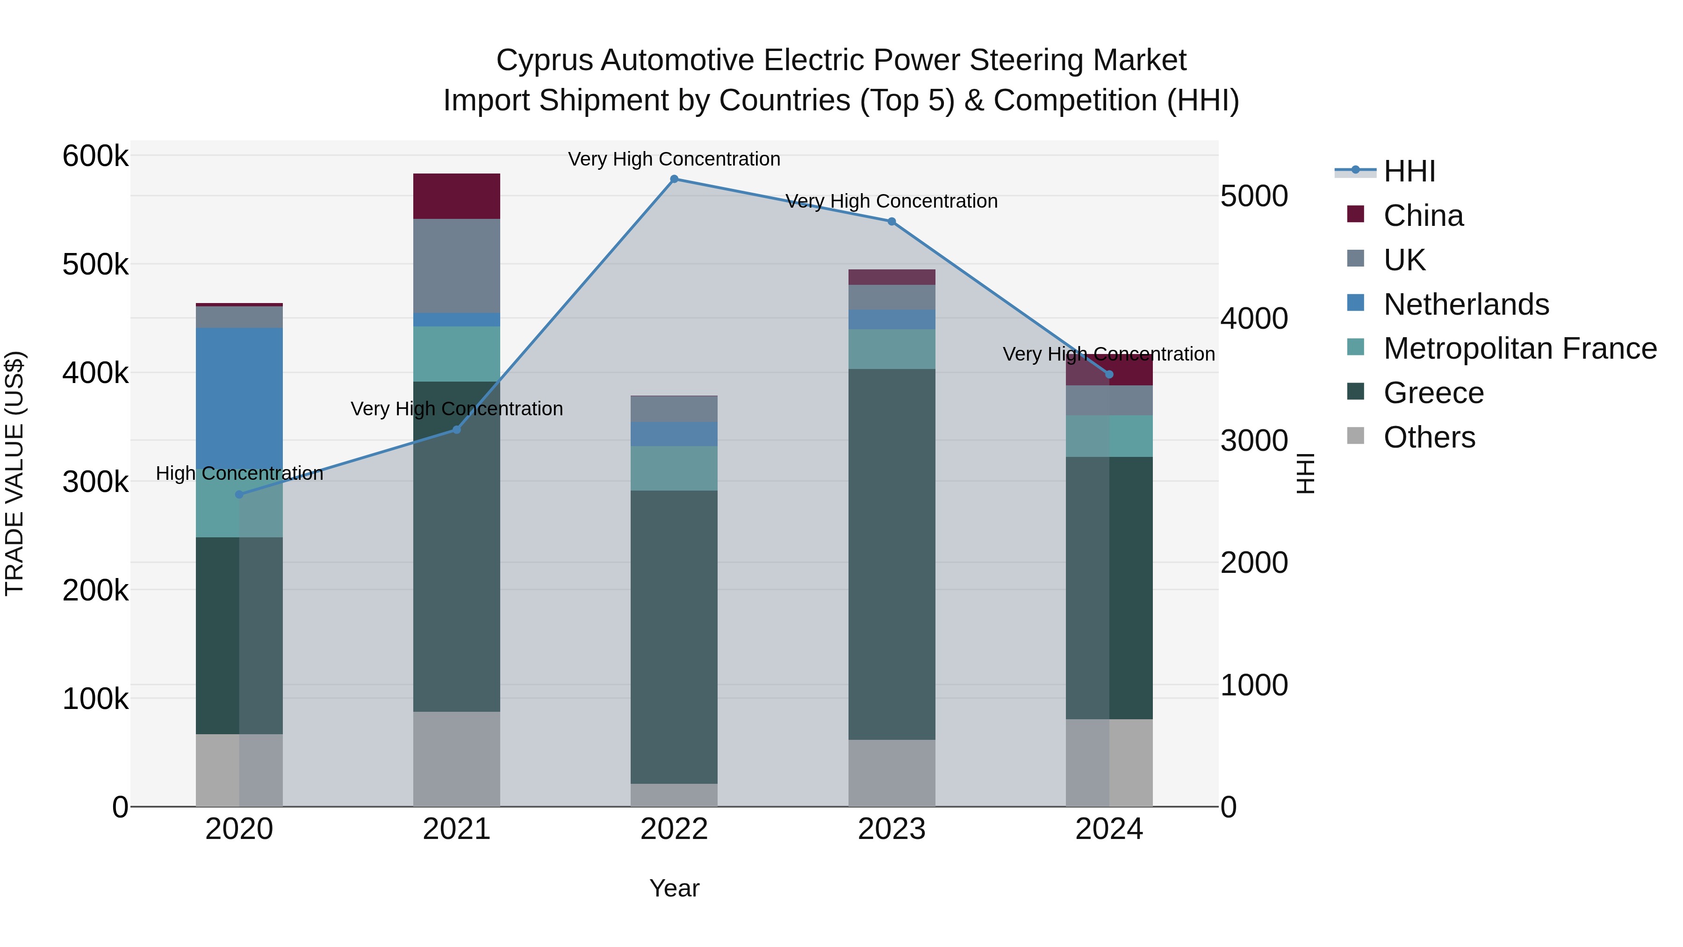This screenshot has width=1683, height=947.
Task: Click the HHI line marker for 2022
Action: tap(674, 179)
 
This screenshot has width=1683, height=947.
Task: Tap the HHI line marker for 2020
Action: tap(239, 494)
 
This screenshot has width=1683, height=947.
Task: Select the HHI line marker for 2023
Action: tap(892, 222)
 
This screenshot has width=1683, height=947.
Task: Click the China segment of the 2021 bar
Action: tap(457, 196)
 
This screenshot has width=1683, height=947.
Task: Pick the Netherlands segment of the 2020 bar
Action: tap(239, 392)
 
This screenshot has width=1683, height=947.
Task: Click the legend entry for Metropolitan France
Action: tap(1520, 348)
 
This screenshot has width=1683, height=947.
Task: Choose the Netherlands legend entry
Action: tap(1466, 304)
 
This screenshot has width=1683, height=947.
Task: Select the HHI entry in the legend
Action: tap(1409, 171)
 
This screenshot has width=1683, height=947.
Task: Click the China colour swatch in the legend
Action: tap(1356, 214)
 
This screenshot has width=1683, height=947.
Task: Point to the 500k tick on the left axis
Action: tap(95, 265)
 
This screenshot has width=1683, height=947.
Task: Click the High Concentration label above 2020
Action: tap(239, 473)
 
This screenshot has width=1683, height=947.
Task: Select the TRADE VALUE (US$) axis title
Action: tap(14, 473)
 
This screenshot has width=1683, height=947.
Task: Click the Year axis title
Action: tap(674, 888)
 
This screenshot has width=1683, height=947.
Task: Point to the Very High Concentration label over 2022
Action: tap(674, 159)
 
